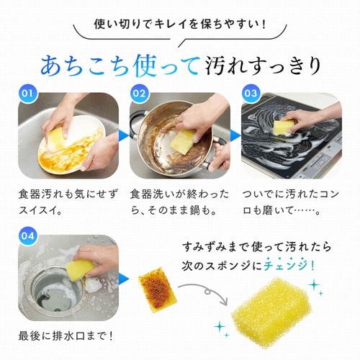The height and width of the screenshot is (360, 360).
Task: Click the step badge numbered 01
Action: coord(27,94)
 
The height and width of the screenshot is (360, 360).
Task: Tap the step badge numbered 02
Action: coord(140,94)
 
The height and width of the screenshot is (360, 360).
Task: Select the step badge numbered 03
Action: coord(251,94)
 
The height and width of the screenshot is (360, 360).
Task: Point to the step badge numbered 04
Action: coord(27,235)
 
